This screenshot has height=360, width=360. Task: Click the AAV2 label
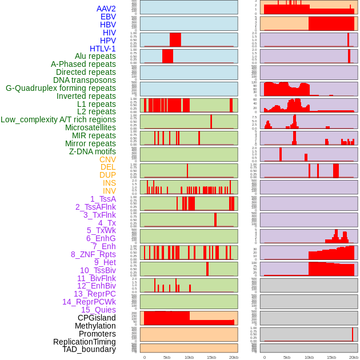tap(106, 9)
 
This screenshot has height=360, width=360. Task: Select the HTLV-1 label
tap(102, 49)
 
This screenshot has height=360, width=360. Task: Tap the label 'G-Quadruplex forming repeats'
tap(61, 88)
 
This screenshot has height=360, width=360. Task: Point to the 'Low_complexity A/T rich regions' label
tap(58, 119)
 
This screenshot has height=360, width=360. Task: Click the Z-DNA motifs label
tap(93, 151)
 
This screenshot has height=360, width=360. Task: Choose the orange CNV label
tap(107, 159)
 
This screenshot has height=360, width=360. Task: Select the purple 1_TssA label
tap(103, 199)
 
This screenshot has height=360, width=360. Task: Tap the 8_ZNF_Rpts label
tap(93, 254)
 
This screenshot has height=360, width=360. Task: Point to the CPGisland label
tap(97, 318)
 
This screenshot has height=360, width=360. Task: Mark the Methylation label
tap(95, 326)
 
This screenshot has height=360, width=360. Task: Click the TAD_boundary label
tap(89, 349)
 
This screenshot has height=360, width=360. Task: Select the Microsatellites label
tap(90, 127)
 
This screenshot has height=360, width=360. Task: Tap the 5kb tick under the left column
tap(167, 357)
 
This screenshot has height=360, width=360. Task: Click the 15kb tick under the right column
tap(331, 357)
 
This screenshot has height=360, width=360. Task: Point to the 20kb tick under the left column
tap(233, 357)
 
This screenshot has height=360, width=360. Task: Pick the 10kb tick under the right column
tap(309, 357)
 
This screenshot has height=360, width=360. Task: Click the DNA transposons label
tap(85, 80)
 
